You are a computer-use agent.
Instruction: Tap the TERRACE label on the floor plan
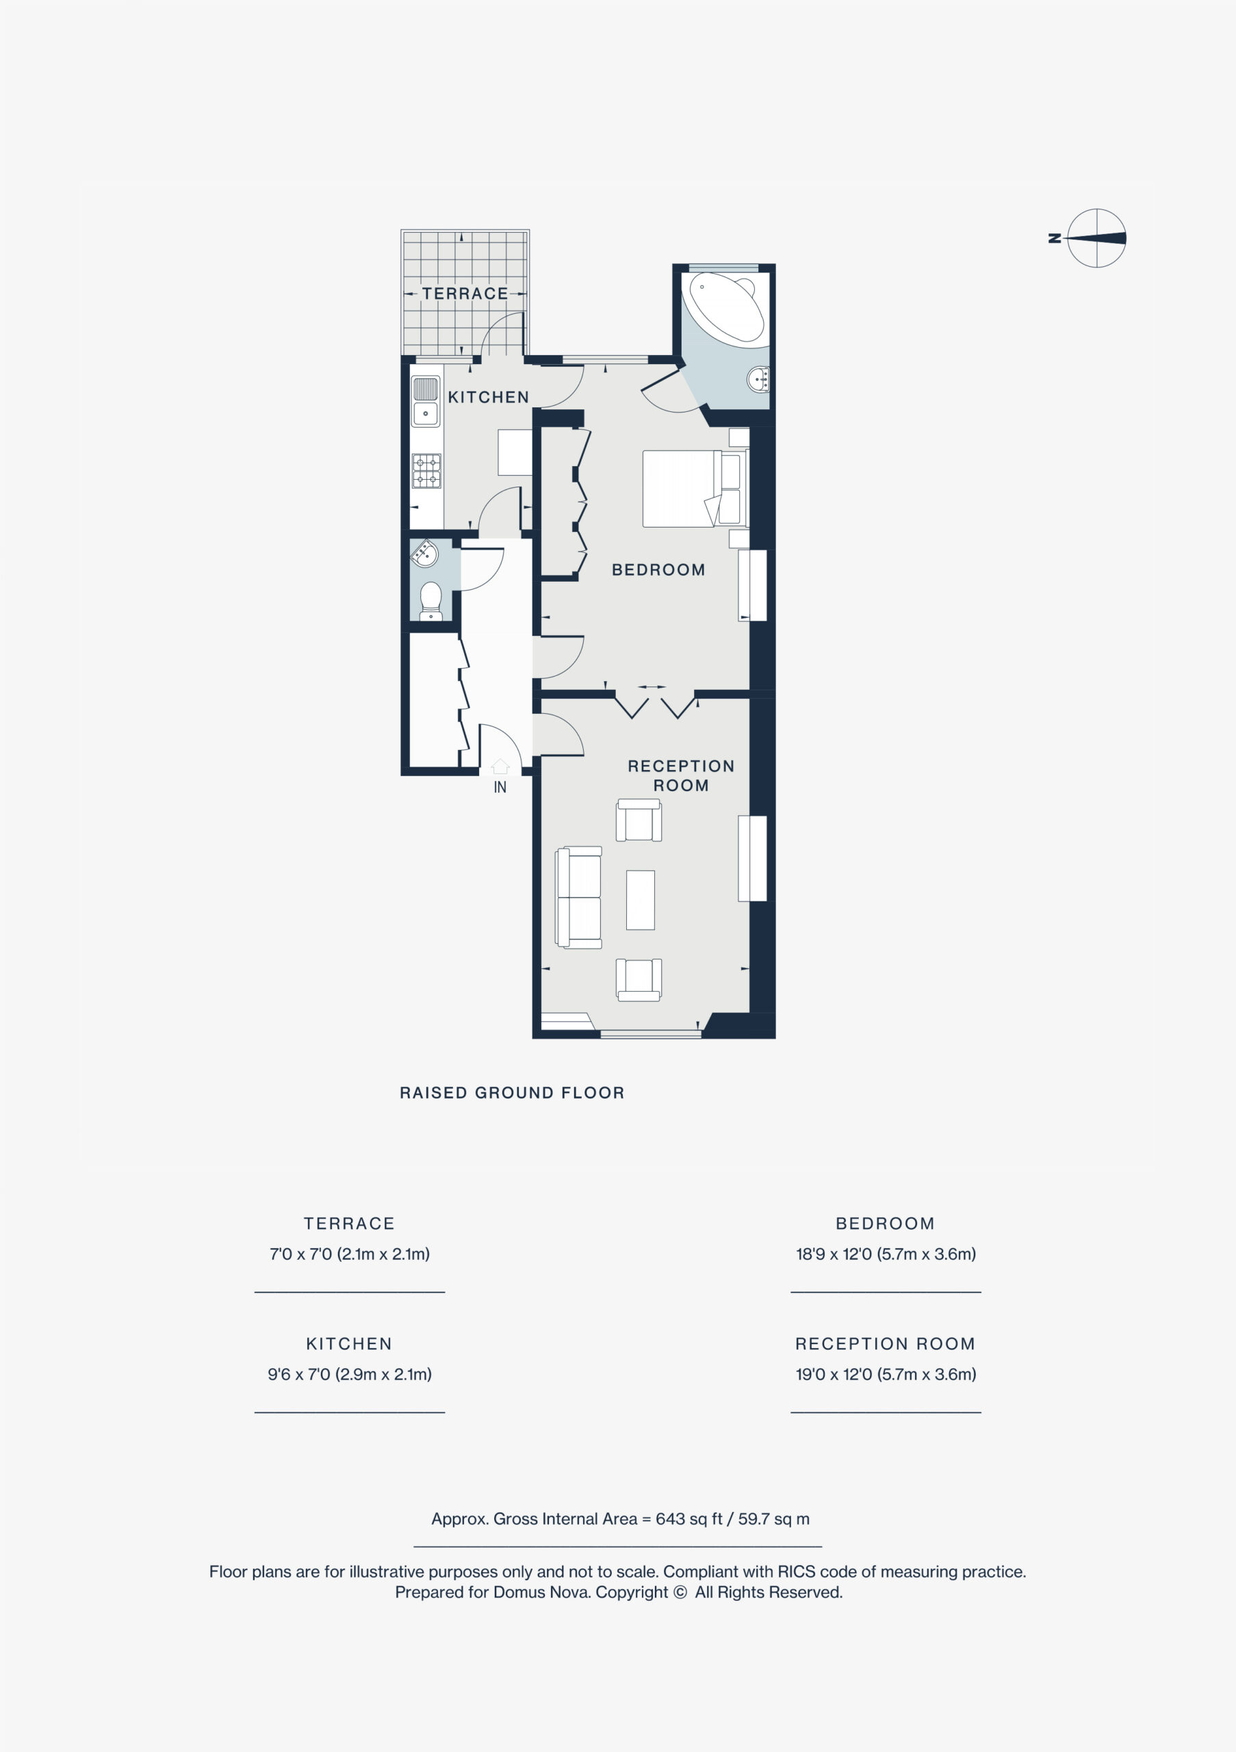click(465, 294)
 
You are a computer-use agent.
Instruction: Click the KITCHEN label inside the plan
click(488, 398)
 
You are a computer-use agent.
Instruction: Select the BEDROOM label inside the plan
click(658, 570)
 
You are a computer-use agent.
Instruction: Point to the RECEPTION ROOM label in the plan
click(680, 775)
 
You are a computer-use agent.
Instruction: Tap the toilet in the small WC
click(431, 600)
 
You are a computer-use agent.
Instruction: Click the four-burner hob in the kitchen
click(426, 471)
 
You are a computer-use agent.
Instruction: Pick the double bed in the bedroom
click(692, 489)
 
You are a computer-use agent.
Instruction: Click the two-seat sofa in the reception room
click(579, 897)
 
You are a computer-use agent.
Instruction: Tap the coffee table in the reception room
click(640, 900)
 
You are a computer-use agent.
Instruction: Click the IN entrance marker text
click(500, 788)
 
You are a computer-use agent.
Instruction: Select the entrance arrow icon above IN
click(500, 766)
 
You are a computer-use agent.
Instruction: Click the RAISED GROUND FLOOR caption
click(512, 1093)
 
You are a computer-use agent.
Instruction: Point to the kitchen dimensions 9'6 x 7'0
click(350, 1374)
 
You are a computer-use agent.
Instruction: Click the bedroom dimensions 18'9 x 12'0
click(886, 1254)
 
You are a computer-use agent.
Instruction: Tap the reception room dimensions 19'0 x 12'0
click(886, 1374)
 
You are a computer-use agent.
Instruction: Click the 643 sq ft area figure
click(689, 1519)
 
